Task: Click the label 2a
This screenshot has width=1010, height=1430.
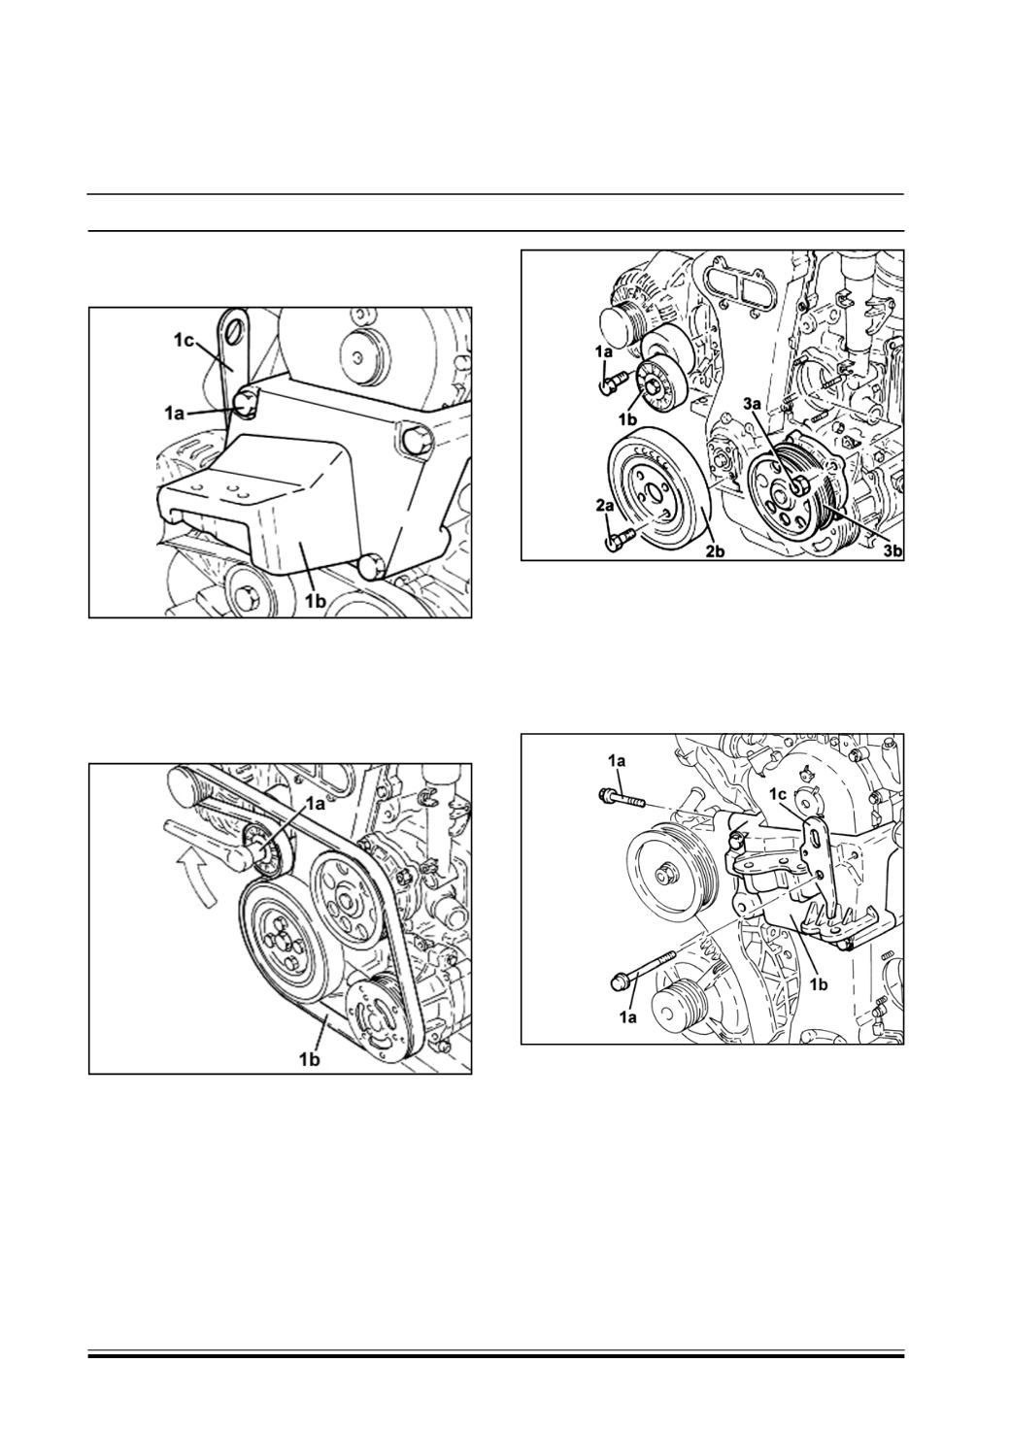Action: click(x=606, y=507)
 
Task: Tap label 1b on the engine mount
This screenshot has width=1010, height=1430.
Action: click(x=316, y=602)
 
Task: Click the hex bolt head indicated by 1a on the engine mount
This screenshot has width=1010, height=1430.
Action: click(x=245, y=404)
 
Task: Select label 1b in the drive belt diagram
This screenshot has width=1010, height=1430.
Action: click(x=309, y=1060)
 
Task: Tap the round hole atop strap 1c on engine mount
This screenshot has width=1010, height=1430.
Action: click(x=234, y=331)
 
